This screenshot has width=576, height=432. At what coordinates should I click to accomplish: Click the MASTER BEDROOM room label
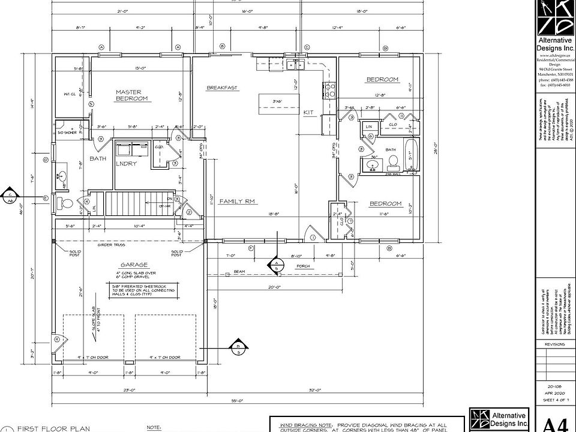tap(131, 95)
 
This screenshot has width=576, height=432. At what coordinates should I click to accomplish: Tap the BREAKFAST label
tap(222, 88)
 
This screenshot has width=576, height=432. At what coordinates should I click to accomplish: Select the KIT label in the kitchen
tap(308, 112)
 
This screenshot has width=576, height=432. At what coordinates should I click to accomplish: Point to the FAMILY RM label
tap(238, 202)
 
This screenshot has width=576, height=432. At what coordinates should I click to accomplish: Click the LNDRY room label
tap(127, 163)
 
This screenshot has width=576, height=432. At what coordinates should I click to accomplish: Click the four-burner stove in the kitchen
tap(329, 90)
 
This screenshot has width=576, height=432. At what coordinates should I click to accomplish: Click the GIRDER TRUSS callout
tap(111, 245)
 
